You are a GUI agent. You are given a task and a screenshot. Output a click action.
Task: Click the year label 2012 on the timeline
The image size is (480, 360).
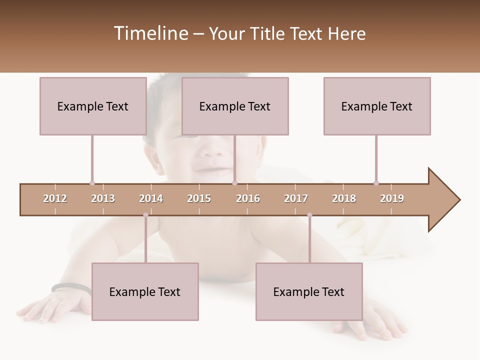pos(55,198)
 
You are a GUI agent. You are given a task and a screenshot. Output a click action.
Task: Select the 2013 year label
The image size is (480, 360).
pos(103,198)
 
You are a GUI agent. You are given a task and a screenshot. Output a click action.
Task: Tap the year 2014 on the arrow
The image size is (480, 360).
pos(151,198)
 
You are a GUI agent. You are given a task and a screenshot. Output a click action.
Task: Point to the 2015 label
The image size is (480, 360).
pos(199,198)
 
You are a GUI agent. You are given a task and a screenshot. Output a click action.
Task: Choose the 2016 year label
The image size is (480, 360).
pos(248,198)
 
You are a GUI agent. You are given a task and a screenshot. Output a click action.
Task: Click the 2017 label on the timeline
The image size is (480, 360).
pos(296,198)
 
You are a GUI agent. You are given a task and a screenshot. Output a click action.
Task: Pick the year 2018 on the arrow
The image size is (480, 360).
pos(344,198)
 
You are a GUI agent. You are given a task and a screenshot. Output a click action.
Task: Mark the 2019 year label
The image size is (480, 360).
pos(392,198)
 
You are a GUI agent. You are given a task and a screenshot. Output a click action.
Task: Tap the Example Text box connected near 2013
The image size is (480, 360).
pos(93,106)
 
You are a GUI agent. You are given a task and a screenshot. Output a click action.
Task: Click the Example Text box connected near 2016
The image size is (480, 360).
pos(235,106)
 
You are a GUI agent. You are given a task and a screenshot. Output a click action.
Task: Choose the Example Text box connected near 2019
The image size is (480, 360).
pos(377,106)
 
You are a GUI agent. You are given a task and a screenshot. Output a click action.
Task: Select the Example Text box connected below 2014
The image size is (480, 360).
pos(145,291)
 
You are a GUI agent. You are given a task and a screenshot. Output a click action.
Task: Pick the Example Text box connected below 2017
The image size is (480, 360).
pos(309,291)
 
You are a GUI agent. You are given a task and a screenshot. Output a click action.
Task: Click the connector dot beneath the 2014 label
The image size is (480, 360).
pos(145,215)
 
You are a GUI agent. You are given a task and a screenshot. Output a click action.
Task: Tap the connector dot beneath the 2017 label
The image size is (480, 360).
pos(309,215)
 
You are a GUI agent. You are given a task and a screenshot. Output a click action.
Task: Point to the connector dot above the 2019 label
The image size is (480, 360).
pos(376,183)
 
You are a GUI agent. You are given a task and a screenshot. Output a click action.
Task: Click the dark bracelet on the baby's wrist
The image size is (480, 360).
pos(70,286)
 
